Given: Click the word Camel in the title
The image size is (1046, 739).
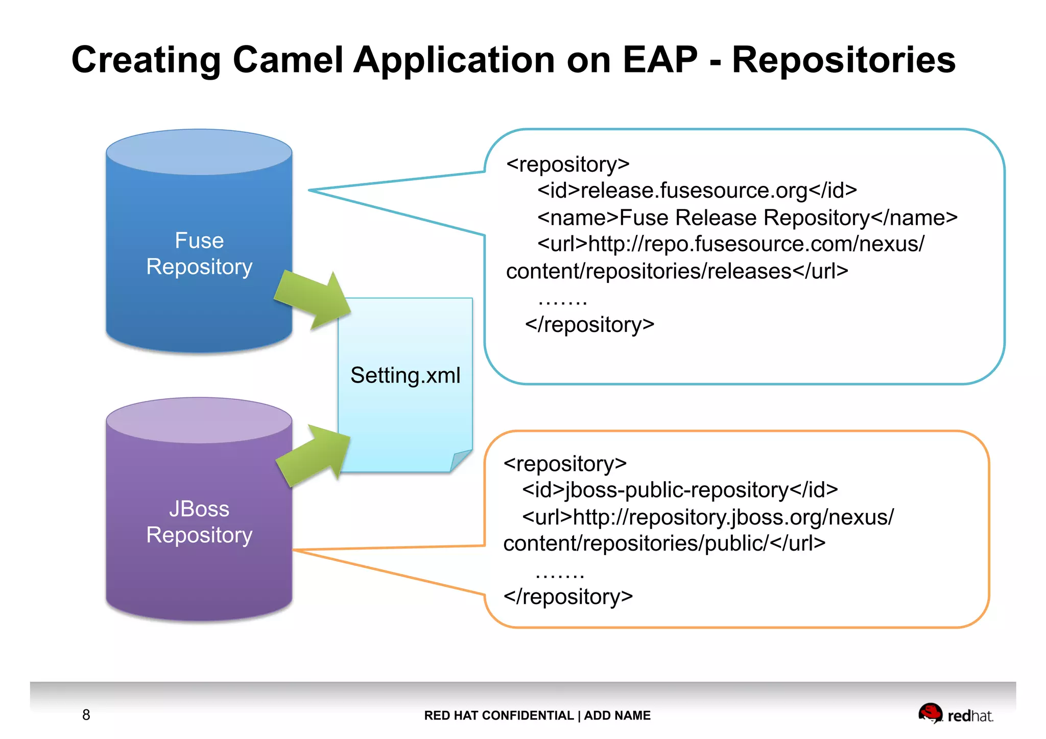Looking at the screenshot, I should coord(288,60).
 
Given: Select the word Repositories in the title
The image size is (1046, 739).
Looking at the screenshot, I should coord(843,60).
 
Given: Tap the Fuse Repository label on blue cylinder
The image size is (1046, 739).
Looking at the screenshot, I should coord(199,254).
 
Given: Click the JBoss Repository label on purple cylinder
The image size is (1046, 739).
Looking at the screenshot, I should coord(199,522).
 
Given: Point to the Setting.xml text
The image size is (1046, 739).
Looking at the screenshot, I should coord(405,375).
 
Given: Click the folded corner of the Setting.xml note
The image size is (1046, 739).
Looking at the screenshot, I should coord(461,459).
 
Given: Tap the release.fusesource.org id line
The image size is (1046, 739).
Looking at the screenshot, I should coord(697,190).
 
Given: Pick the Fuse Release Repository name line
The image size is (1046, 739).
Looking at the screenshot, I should coord(747,218).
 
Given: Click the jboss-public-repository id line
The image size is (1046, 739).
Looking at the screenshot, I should coord(679,490).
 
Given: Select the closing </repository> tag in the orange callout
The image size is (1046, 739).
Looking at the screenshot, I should coord(568,597).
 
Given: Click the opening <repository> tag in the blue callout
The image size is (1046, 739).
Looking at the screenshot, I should coord(567,164).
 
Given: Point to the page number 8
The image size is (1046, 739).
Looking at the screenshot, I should coord(86,715).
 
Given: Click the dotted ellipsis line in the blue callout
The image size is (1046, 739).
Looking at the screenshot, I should coord(562,301).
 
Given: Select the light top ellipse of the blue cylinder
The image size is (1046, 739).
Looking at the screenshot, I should coord(199,152).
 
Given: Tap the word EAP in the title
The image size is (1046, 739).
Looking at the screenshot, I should coord(660,60).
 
